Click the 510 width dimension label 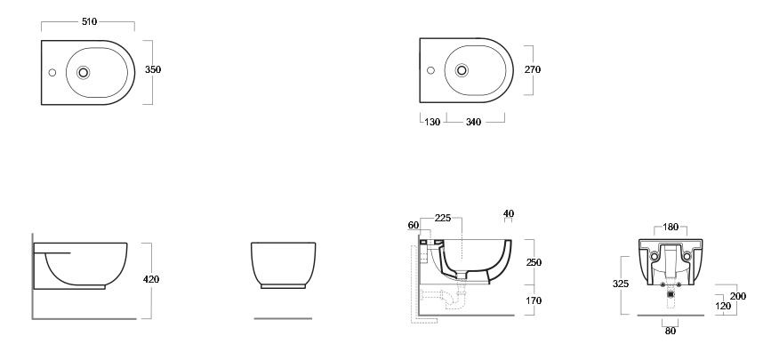point(90,21)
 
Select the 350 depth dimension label point(153,70)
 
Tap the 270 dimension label point(533,70)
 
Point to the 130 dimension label point(432,122)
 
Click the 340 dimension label point(473,122)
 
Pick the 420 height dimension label point(151,279)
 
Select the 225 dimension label point(443,218)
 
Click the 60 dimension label point(414,225)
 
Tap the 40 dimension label point(509,213)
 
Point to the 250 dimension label point(534,262)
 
